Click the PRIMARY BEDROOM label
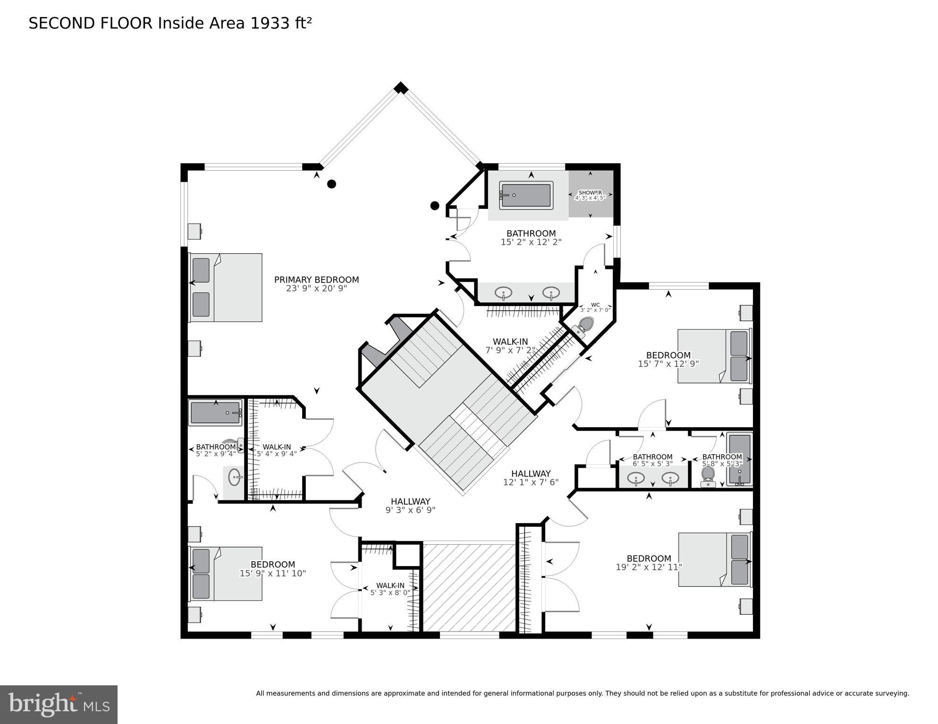click(x=316, y=280)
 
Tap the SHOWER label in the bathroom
click(x=590, y=193)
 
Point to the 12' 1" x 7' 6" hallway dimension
click(x=531, y=482)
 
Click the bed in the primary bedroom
click(x=226, y=288)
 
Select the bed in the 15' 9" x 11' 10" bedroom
click(x=226, y=574)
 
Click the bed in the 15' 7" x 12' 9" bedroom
click(x=714, y=356)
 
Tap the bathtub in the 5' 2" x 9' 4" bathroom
click(x=215, y=413)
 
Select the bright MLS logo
click(x=59, y=704)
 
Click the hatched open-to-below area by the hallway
click(x=469, y=587)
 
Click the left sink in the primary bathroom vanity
click(x=503, y=293)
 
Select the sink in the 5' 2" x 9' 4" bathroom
click(x=235, y=477)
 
